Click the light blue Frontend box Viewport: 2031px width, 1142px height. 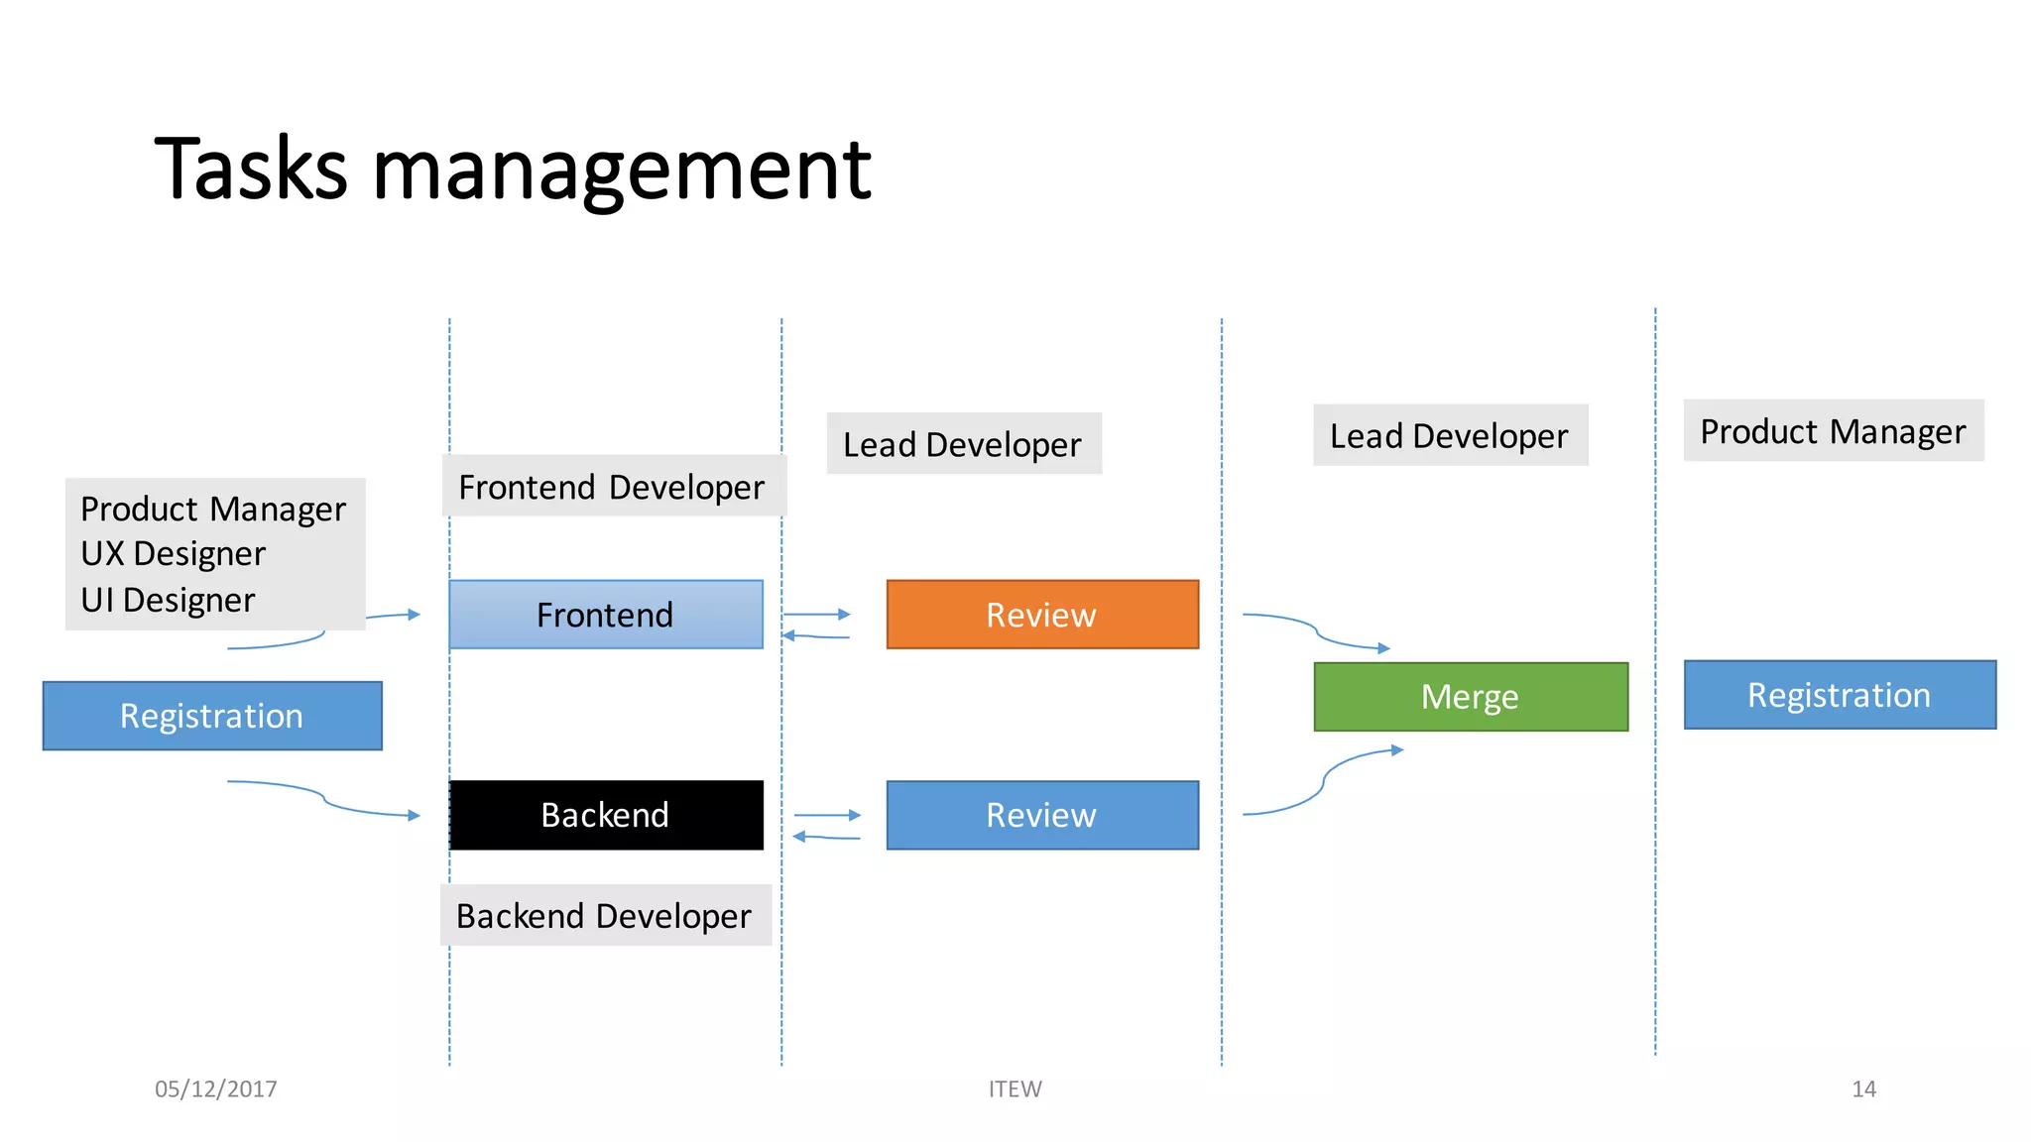click(605, 615)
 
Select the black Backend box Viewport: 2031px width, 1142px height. click(605, 815)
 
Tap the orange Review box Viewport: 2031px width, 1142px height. click(1041, 615)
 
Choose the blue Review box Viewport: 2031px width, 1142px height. click(1041, 815)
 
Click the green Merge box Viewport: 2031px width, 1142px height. click(1470, 697)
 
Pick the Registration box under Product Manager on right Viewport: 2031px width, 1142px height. click(1839, 695)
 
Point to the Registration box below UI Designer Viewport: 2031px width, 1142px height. click(211, 716)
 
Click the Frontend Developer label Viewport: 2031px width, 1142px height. click(612, 487)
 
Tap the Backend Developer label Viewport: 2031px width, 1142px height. click(604, 915)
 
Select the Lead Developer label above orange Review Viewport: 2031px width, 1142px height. click(962, 444)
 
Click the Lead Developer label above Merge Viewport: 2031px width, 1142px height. click(1449, 435)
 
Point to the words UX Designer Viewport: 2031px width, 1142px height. click(173, 553)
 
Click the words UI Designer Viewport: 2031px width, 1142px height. click(168, 600)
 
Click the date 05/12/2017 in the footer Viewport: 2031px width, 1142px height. click(215, 1088)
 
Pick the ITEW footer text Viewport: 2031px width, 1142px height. click(1015, 1088)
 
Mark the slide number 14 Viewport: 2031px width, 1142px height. click(1863, 1088)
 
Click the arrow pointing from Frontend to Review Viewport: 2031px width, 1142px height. click(817, 615)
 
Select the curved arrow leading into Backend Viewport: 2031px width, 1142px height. click(327, 799)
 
